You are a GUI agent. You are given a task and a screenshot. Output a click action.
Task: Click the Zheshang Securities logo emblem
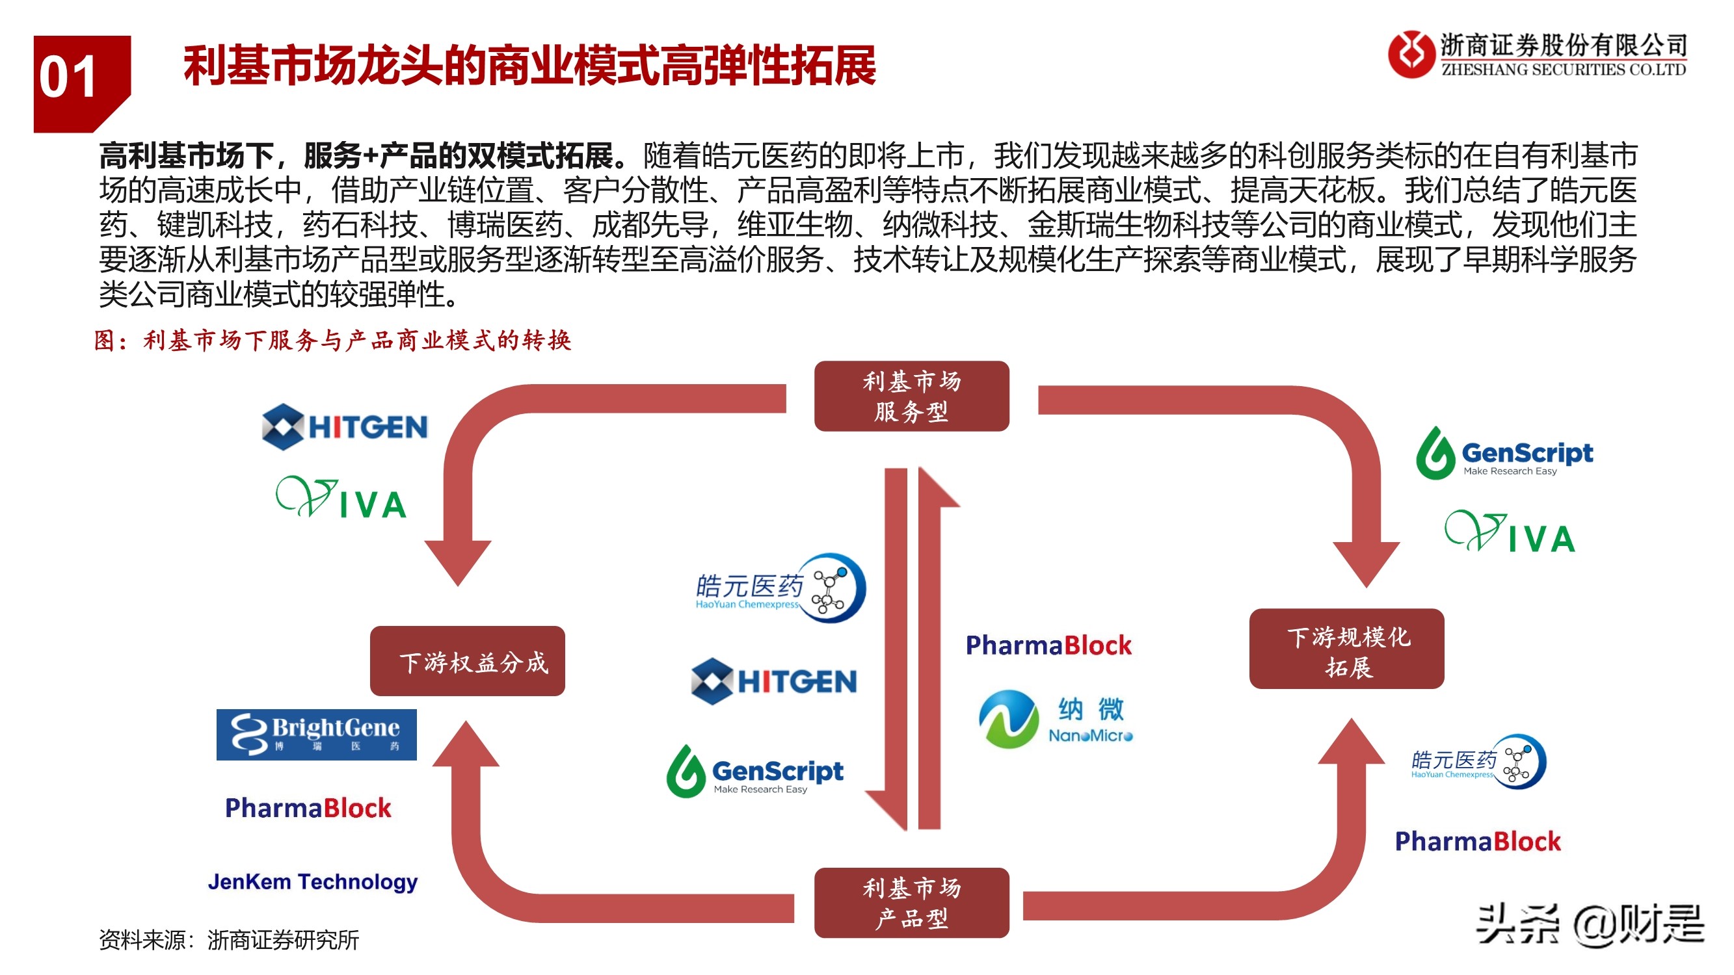pyautogui.click(x=1410, y=54)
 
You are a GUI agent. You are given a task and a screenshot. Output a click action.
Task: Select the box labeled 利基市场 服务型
pyautogui.click(x=911, y=396)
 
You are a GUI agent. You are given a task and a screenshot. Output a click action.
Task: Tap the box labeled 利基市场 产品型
pyautogui.click(x=911, y=902)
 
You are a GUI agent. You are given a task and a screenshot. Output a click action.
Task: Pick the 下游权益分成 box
pyautogui.click(x=467, y=661)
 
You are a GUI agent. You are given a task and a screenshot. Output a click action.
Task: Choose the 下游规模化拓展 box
pyautogui.click(x=1346, y=649)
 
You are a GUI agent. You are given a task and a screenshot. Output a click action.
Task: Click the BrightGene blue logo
pyautogui.click(x=316, y=734)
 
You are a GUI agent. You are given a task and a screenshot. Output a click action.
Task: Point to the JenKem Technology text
pyautogui.click(x=312, y=881)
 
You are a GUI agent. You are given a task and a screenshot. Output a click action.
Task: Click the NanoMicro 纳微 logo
pyautogui.click(x=1055, y=720)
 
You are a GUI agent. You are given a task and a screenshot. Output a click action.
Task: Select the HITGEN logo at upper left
pyautogui.click(x=345, y=426)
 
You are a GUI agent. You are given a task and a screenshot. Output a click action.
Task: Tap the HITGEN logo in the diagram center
pyautogui.click(x=774, y=681)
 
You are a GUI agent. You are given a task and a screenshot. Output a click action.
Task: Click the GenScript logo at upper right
pyautogui.click(x=1504, y=454)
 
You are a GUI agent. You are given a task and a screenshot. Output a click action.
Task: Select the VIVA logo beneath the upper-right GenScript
pyautogui.click(x=1510, y=532)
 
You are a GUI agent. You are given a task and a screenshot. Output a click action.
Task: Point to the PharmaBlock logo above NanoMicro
pyautogui.click(x=1048, y=645)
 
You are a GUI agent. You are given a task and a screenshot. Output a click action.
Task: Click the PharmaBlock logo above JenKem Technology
pyautogui.click(x=308, y=807)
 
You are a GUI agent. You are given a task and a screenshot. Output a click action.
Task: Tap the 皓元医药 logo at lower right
pyautogui.click(x=1478, y=762)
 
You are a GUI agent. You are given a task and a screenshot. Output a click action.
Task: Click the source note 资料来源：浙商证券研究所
pyautogui.click(x=229, y=939)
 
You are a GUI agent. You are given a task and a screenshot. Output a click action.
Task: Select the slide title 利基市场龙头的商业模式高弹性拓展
pyautogui.click(x=529, y=66)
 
